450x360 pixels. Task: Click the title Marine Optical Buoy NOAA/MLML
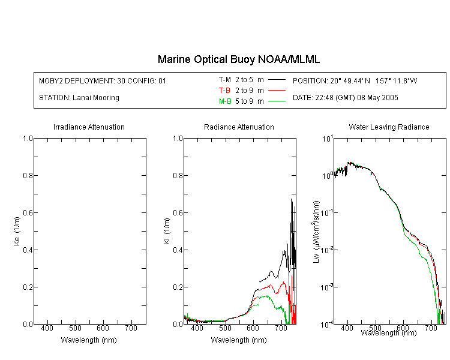pyautogui.click(x=238, y=59)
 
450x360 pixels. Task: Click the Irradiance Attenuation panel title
pyautogui.click(x=89, y=127)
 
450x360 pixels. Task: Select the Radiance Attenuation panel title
pyautogui.click(x=239, y=127)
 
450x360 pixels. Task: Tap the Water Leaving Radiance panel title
pyautogui.click(x=389, y=127)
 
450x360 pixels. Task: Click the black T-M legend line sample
pyautogui.click(x=277, y=80)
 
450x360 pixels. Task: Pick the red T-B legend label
pyautogui.click(x=224, y=91)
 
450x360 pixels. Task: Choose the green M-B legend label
pyautogui.click(x=225, y=101)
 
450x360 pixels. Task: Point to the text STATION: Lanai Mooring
pyautogui.click(x=79, y=98)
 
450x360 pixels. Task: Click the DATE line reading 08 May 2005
pyautogui.click(x=345, y=98)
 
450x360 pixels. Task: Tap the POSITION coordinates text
pyautogui.click(x=355, y=80)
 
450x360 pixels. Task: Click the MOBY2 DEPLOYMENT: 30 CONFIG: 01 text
pyautogui.click(x=103, y=80)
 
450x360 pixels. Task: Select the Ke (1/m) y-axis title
pyautogui.click(x=17, y=231)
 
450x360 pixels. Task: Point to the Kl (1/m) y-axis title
pyautogui.click(x=167, y=231)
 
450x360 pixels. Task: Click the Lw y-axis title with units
pyautogui.click(x=316, y=232)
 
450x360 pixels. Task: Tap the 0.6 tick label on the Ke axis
pyautogui.click(x=28, y=213)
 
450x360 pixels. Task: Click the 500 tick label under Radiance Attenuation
pyautogui.click(x=225, y=328)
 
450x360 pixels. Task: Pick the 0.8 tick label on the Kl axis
pyautogui.click(x=178, y=175)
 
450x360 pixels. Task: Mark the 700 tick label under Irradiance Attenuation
pyautogui.click(x=131, y=328)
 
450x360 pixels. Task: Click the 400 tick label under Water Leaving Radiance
pyautogui.click(x=347, y=328)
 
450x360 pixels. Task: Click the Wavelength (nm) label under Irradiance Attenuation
pyautogui.click(x=89, y=340)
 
